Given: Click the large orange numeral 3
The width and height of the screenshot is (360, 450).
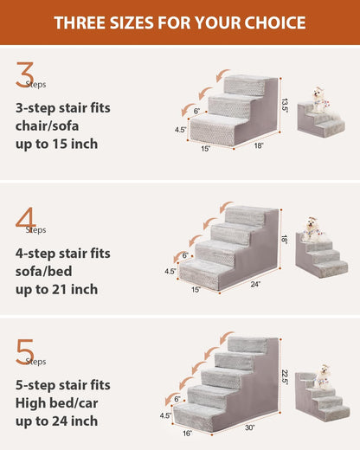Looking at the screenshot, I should tap(25, 75).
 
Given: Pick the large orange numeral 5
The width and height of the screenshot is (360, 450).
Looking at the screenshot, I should tap(25, 351).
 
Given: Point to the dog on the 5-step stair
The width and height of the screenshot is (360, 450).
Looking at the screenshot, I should tap(324, 376).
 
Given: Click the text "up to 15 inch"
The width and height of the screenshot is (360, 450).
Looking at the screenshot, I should tap(56, 144).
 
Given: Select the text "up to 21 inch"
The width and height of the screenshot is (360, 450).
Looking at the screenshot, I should tap(56, 289).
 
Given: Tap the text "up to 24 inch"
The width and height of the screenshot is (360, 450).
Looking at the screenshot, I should tap(56, 421).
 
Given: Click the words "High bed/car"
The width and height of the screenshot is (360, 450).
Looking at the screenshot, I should tap(58, 402).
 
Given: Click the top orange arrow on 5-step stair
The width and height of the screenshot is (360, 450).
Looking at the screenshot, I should tap(227, 336).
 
